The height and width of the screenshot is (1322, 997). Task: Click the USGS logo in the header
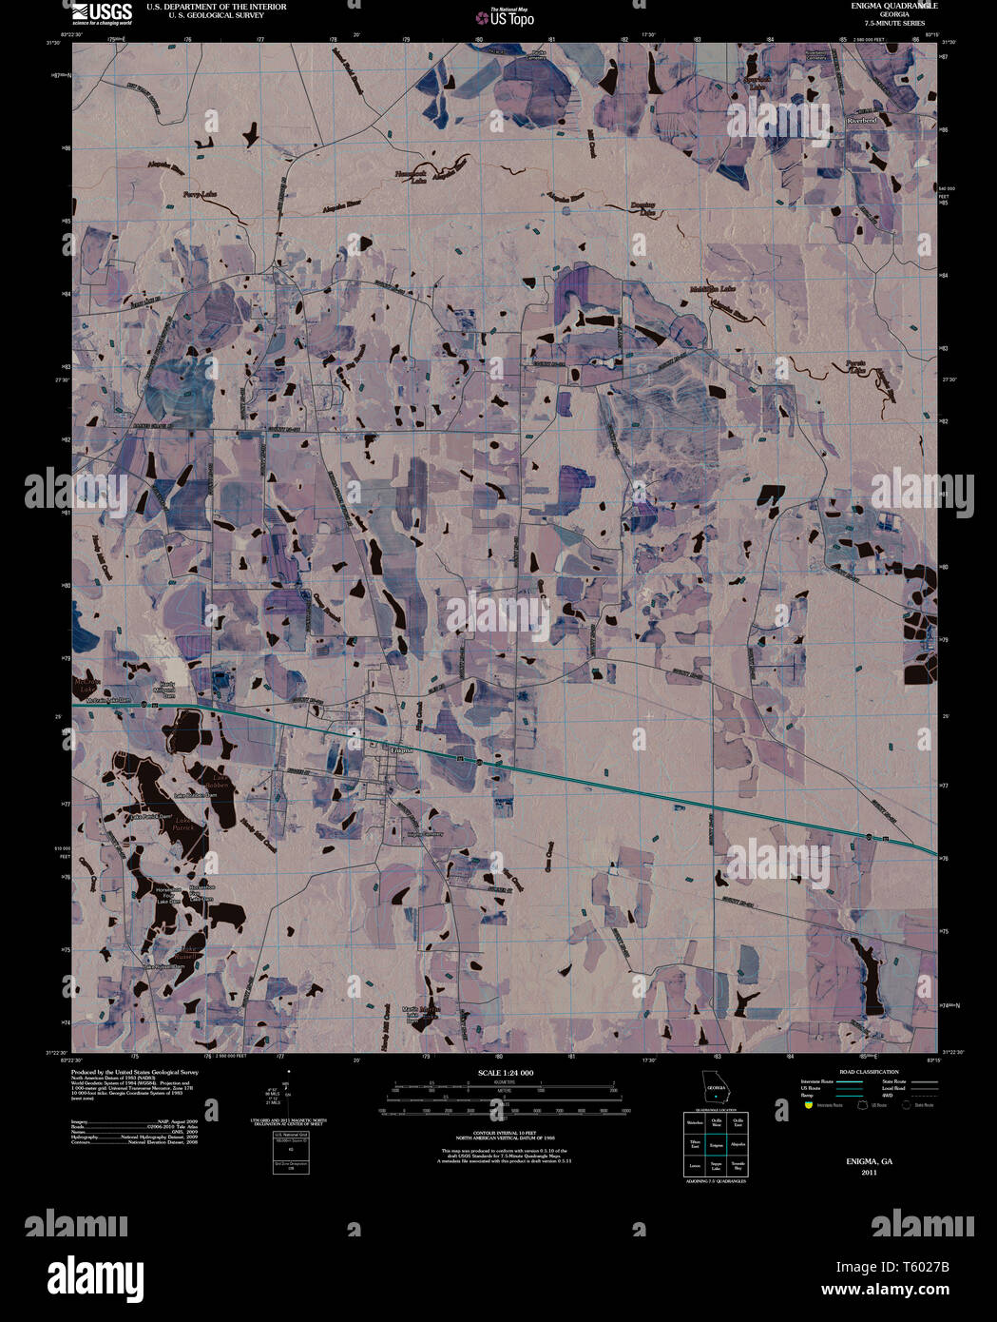(x=103, y=12)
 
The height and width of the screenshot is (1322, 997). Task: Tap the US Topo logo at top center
(x=511, y=16)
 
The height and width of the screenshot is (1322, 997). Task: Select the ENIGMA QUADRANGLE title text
(x=880, y=6)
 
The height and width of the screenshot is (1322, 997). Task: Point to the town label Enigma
(x=404, y=750)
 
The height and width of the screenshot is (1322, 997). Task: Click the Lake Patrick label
(x=184, y=824)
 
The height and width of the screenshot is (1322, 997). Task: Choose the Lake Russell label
(x=191, y=950)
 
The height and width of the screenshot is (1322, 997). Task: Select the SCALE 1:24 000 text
(x=506, y=1073)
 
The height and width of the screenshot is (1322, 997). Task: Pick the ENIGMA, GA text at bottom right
(x=869, y=1162)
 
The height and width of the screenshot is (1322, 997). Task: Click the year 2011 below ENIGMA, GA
(x=869, y=1173)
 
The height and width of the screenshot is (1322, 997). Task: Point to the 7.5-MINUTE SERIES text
(x=880, y=23)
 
